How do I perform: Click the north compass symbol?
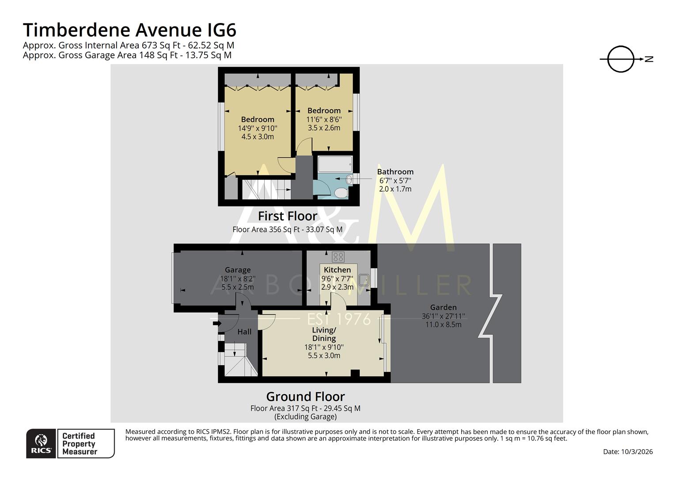tap(620, 59)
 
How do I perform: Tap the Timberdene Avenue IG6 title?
tap(129, 30)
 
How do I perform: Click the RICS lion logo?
tap(41, 443)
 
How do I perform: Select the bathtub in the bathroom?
tap(335, 164)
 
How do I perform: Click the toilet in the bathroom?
tap(341, 193)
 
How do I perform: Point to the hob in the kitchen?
tap(338, 257)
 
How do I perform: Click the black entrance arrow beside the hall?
tap(217, 323)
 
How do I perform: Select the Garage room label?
tap(238, 270)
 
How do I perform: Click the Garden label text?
tap(444, 307)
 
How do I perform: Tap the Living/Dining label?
tap(324, 334)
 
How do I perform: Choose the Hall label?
tap(244, 331)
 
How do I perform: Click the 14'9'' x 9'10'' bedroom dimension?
tap(258, 128)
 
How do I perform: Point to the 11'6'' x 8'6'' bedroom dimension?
tap(324, 119)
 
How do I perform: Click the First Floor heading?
tap(288, 216)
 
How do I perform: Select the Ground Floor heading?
tap(305, 396)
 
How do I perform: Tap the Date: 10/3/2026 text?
tap(628, 451)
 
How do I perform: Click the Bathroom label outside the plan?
tap(395, 172)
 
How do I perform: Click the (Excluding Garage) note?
tap(305, 416)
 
